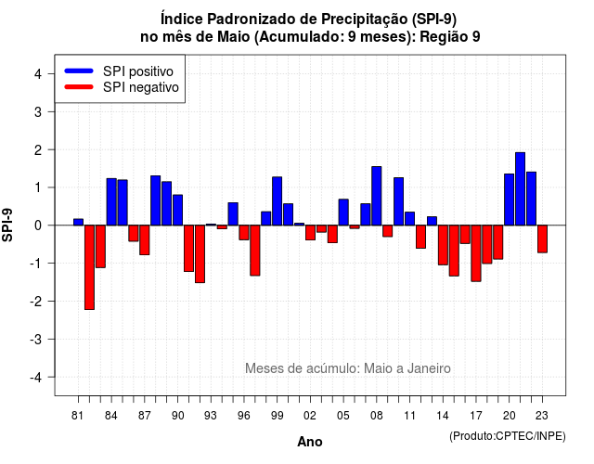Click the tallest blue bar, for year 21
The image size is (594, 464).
(x=520, y=188)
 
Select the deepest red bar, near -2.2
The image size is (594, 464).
(x=89, y=267)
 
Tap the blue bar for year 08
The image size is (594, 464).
(x=377, y=196)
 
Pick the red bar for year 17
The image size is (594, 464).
(x=476, y=253)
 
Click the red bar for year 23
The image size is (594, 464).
(x=542, y=239)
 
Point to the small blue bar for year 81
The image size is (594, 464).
(x=78, y=222)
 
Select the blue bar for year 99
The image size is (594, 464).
(x=277, y=201)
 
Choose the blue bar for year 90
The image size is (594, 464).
(x=177, y=210)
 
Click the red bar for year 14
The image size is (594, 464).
(x=443, y=245)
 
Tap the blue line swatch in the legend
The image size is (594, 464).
(x=79, y=71)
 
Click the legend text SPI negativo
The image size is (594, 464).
(x=141, y=87)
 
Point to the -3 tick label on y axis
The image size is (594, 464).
(x=37, y=340)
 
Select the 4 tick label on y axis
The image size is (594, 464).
(x=38, y=74)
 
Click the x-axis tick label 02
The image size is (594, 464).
(x=310, y=416)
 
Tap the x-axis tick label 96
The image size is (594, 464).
(x=244, y=416)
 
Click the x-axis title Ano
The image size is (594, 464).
(x=310, y=442)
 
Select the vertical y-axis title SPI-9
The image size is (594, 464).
(x=7, y=225)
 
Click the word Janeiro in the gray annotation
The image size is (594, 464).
(x=429, y=368)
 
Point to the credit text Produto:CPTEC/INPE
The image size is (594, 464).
(x=508, y=436)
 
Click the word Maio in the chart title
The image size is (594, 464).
(x=234, y=37)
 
